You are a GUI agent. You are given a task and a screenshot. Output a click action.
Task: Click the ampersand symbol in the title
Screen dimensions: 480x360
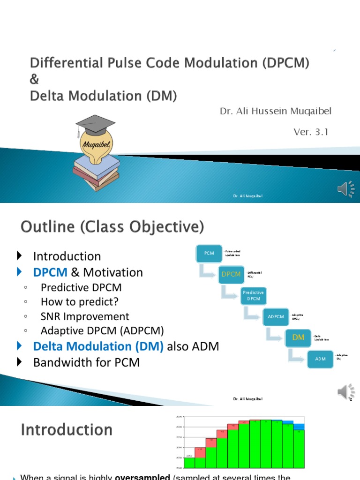[35, 79]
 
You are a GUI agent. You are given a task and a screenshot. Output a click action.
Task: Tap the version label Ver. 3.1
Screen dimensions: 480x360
[311, 132]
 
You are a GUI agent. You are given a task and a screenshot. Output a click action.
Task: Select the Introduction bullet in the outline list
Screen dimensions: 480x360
[67, 256]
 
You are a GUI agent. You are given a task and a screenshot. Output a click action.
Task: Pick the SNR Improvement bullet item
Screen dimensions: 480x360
[85, 316]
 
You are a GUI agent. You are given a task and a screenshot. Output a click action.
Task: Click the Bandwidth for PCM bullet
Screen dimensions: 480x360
[86, 362]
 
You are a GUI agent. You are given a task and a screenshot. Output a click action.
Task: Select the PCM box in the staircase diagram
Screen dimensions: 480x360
[209, 253]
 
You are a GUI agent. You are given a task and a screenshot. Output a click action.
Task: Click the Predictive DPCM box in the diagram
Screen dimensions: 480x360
[253, 295]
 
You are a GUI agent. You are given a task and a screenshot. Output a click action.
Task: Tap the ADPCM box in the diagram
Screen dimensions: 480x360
[276, 316]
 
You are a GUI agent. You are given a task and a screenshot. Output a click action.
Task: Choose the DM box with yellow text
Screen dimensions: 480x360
[299, 337]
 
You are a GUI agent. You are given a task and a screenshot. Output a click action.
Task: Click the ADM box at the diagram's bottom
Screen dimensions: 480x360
[320, 359]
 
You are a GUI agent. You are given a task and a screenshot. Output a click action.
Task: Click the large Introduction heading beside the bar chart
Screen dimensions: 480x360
[67, 430]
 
